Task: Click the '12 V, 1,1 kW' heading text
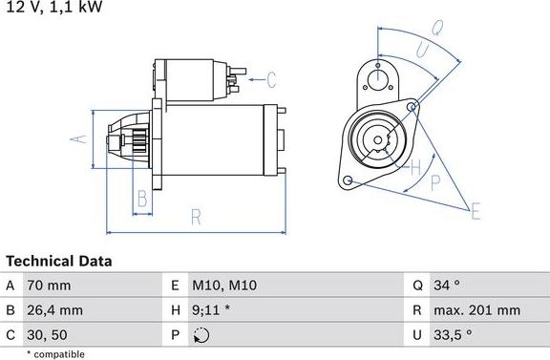point(52,8)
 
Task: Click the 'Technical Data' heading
point(59,261)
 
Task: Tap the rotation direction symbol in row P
point(200,335)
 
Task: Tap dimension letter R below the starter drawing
point(196,218)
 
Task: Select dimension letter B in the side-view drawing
point(141,200)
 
